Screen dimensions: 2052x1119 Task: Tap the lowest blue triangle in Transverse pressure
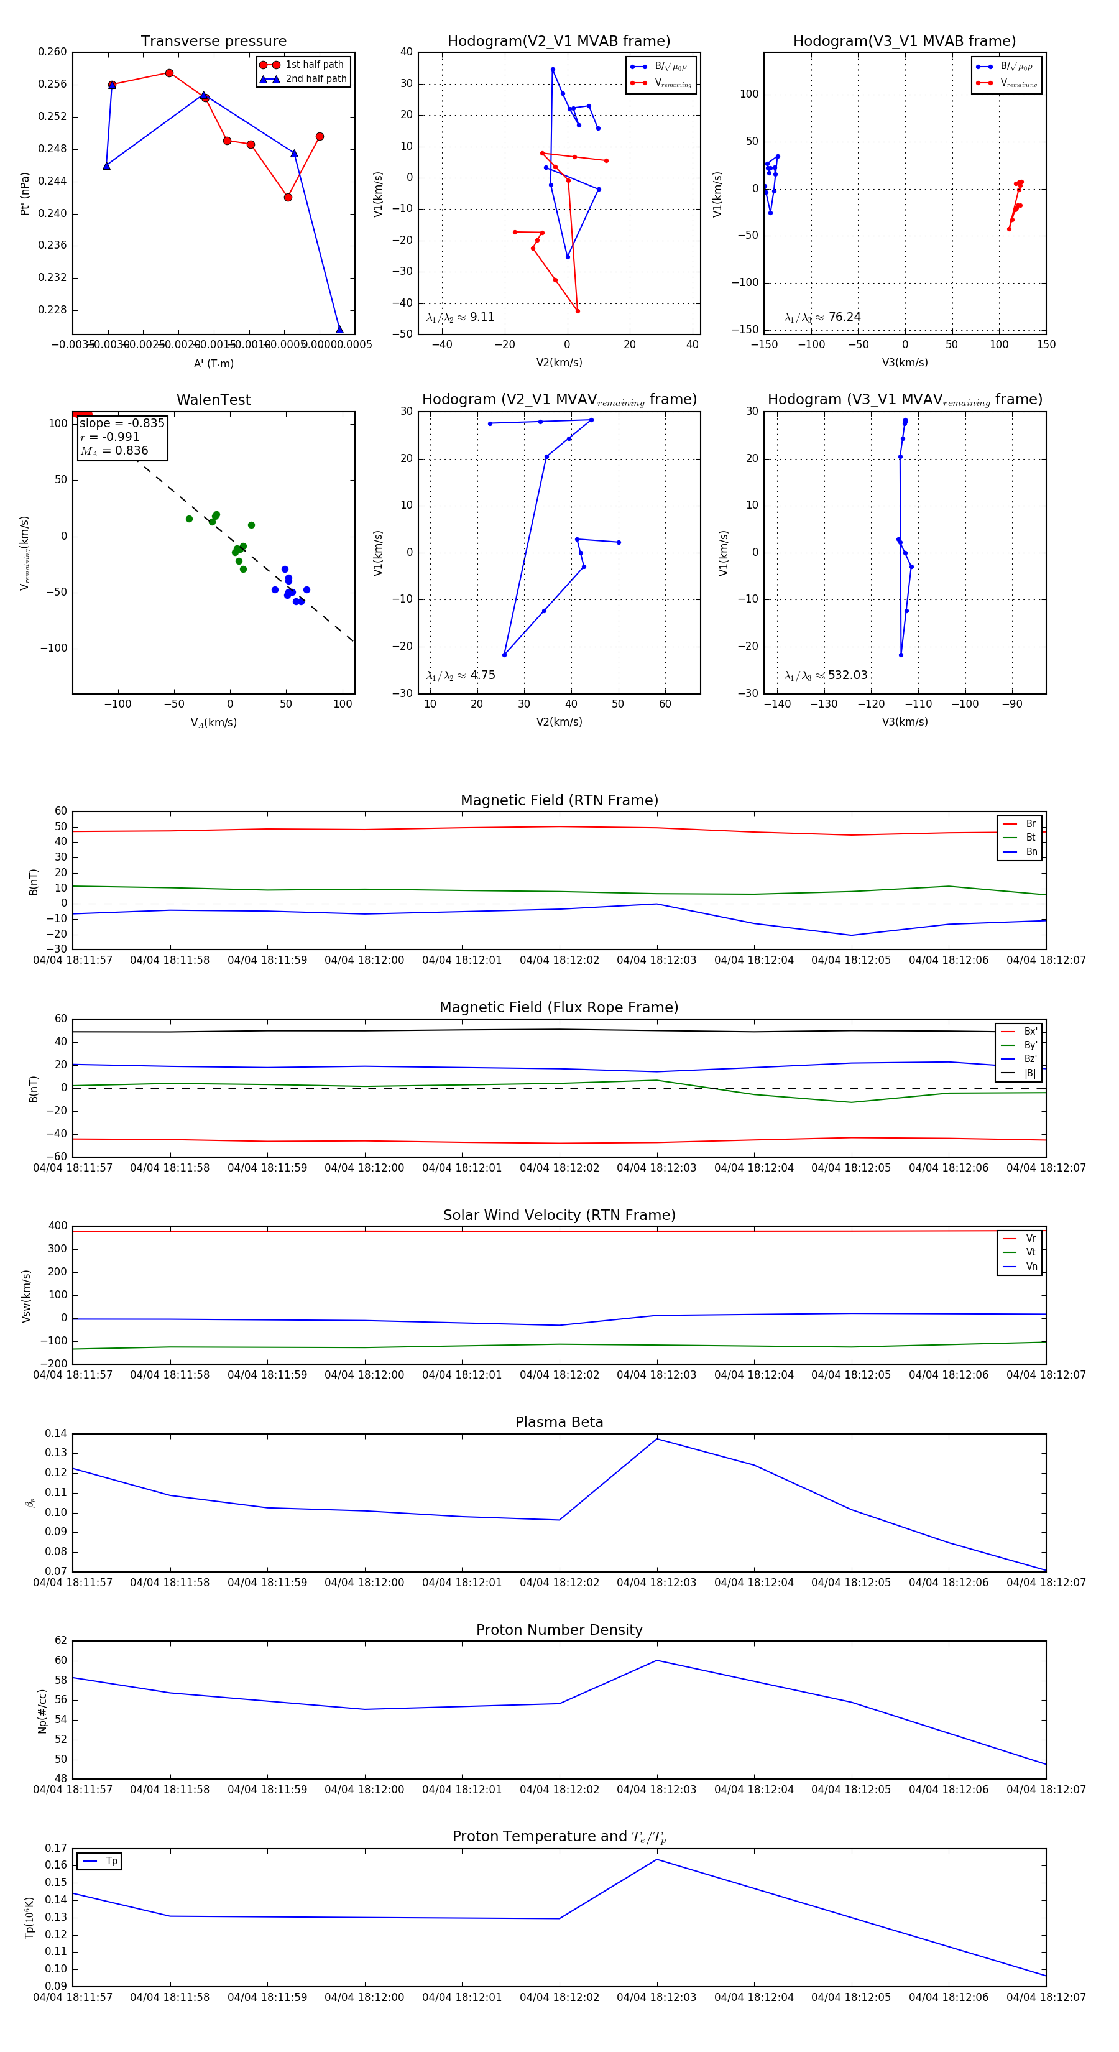click(339, 329)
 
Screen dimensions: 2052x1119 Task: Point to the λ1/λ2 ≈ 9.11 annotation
click(460, 317)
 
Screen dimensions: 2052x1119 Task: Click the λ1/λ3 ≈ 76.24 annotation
click(822, 317)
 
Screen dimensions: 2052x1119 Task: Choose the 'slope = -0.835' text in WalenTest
click(122, 423)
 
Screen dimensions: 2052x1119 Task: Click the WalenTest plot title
click(213, 400)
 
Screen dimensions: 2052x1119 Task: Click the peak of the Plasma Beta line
click(657, 1439)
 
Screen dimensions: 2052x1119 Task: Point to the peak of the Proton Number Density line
click(657, 1660)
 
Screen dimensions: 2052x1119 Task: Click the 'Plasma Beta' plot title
click(559, 1422)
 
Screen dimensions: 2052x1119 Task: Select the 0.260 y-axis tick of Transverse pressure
click(53, 52)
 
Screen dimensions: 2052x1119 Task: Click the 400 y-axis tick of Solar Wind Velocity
click(57, 1226)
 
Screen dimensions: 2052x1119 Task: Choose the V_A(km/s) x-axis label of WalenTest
click(213, 723)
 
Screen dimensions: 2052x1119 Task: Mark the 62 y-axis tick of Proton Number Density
click(60, 1641)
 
